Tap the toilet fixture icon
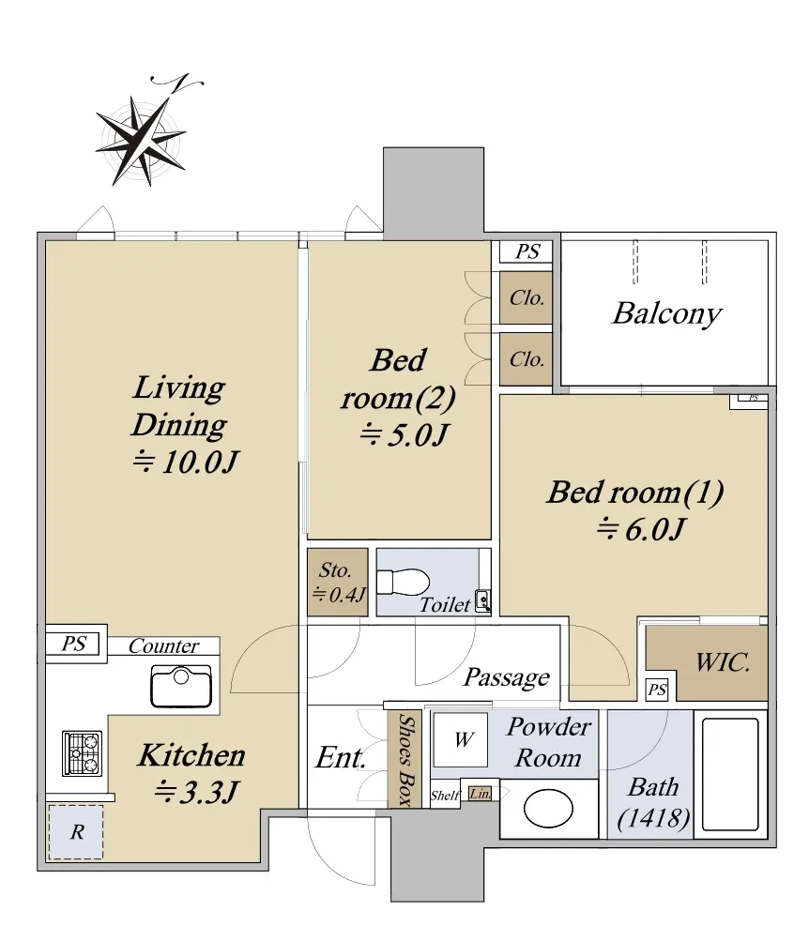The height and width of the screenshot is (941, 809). [403, 582]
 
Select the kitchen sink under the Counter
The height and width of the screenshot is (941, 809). [181, 686]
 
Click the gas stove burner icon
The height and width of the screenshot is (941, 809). [83, 753]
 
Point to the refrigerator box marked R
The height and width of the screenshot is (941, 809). [76, 832]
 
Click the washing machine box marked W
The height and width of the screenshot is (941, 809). [461, 739]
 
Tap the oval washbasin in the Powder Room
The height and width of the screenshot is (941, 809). [548, 809]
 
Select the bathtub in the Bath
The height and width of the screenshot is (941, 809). [730, 774]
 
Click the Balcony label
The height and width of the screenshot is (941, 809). [666, 313]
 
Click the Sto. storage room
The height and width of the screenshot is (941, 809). [337, 582]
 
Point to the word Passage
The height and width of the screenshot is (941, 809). [507, 677]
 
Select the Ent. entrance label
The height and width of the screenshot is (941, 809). [341, 757]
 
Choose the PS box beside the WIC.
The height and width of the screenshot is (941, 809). [657, 690]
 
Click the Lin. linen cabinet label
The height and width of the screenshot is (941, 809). [481, 794]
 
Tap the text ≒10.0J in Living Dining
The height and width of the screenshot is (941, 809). [186, 463]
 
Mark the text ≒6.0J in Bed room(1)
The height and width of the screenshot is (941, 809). [641, 529]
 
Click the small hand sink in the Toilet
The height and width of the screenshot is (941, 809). [482, 600]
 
